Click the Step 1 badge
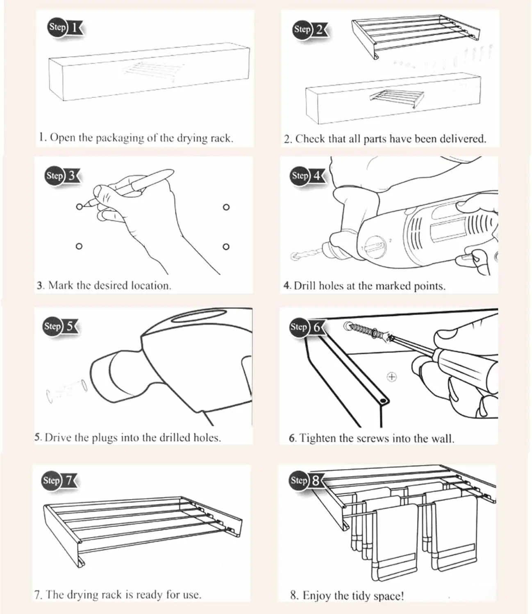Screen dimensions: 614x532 coord(65,28)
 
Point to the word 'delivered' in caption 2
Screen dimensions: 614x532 coord(462,139)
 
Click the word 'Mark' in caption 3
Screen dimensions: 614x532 coord(61,285)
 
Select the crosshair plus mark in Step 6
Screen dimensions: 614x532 coord(392,377)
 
